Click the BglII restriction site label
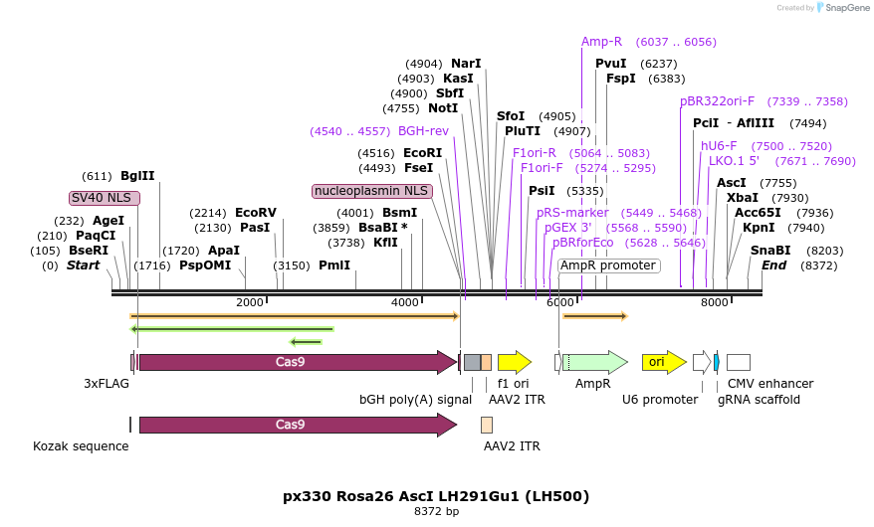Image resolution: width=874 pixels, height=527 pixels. click(137, 175)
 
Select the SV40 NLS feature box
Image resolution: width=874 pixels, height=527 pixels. click(105, 197)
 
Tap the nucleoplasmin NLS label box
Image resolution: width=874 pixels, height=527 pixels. click(371, 190)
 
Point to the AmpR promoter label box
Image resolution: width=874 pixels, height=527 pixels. click(607, 265)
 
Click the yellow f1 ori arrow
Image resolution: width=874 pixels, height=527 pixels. click(514, 362)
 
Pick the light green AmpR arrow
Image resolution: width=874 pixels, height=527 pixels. click(594, 362)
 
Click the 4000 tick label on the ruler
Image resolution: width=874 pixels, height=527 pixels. click(404, 302)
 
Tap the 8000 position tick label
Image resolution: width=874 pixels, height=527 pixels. click(714, 302)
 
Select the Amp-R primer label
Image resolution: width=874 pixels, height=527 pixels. click(601, 42)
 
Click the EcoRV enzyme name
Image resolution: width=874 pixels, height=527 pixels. click(256, 212)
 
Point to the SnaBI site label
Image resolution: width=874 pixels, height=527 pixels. click(770, 251)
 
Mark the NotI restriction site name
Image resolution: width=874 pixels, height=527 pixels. click(443, 107)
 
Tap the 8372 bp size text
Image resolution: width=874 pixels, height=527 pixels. click(436, 511)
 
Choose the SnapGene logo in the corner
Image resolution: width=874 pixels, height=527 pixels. click(842, 8)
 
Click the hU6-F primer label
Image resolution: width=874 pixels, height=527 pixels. click(719, 145)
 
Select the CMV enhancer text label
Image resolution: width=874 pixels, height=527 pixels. click(769, 383)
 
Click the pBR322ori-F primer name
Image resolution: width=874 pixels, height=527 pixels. click(717, 100)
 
